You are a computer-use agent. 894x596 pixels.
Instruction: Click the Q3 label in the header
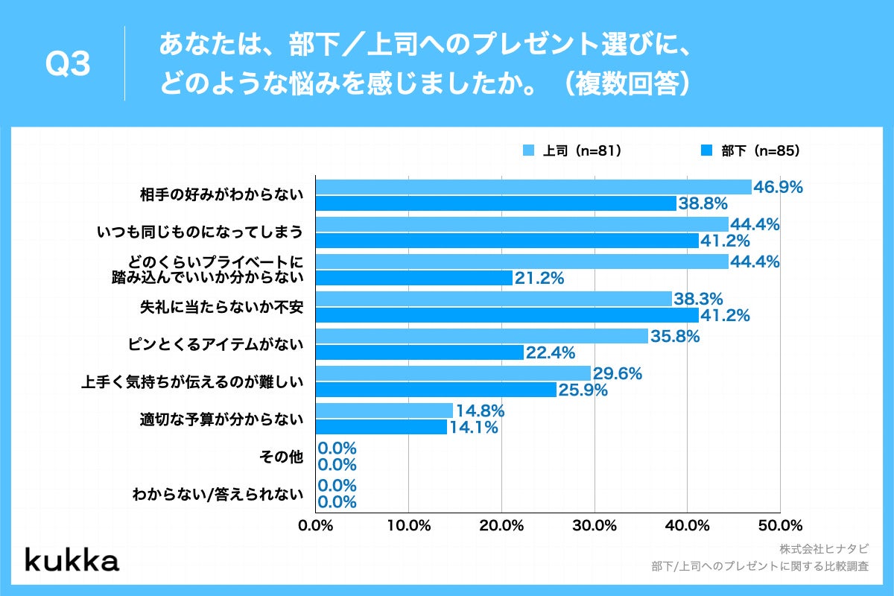pyautogui.click(x=68, y=66)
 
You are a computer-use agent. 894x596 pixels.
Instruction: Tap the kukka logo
pyautogui.click(x=72, y=560)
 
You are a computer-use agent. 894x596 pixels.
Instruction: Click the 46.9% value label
pyautogui.click(x=778, y=188)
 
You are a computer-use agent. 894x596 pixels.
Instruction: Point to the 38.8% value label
pyautogui.click(x=703, y=204)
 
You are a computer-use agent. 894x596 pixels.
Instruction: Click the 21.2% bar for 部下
pyautogui.click(x=413, y=278)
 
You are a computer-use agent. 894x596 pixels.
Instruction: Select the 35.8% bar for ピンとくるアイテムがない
pyautogui.click(x=481, y=336)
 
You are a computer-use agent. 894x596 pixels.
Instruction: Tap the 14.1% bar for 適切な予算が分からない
pyautogui.click(x=381, y=427)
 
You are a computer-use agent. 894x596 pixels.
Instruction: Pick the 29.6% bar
pyautogui.click(x=453, y=373)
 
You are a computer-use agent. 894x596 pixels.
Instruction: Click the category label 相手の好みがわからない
pyautogui.click(x=223, y=195)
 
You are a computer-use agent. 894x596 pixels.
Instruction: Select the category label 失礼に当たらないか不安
pyautogui.click(x=223, y=307)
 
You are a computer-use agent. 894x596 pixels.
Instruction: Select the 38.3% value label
pyautogui.click(x=698, y=299)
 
